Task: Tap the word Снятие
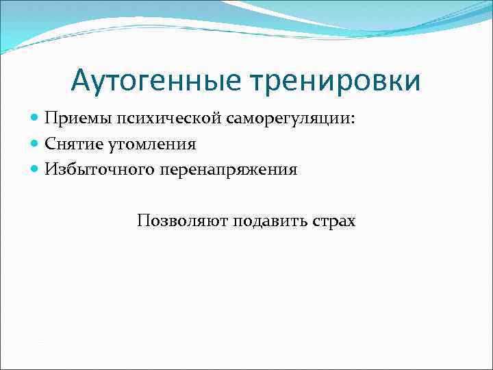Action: tap(72, 143)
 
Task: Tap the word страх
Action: tap(333, 221)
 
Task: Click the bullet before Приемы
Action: tap(36, 119)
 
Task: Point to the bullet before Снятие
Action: tap(36, 144)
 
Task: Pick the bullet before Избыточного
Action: tap(36, 169)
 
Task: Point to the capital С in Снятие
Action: tap(50, 143)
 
